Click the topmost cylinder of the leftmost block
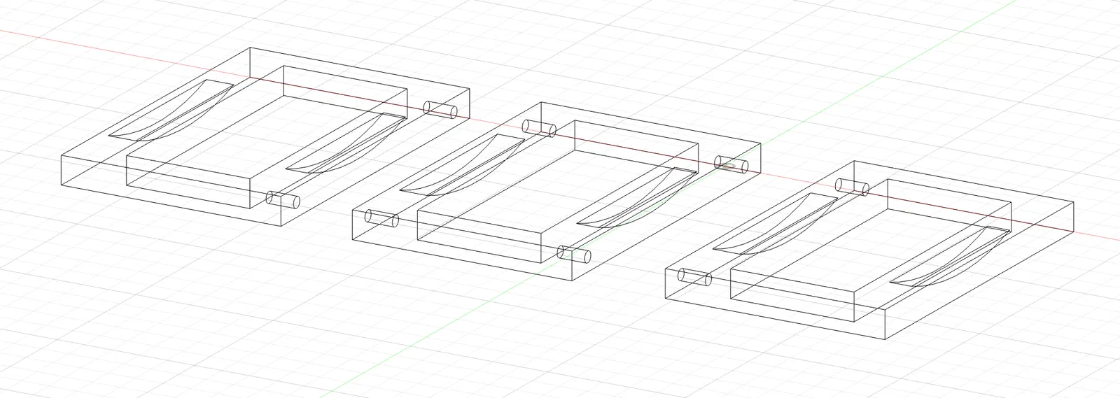point(440,110)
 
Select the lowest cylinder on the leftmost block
point(283,200)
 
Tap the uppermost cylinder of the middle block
point(540,129)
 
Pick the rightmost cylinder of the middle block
point(731,164)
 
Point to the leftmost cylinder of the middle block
point(382,219)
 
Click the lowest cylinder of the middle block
point(576,253)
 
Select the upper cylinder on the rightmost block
point(852,187)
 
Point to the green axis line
point(910,56)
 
